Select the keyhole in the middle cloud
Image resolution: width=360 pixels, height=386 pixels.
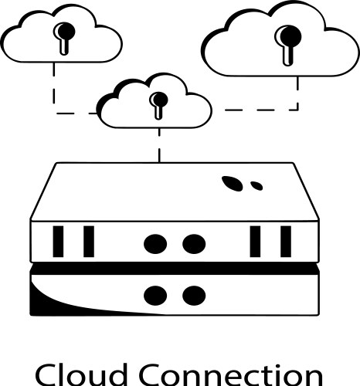pyautogui.click(x=158, y=103)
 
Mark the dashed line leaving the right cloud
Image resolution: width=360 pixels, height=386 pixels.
pyautogui.click(x=297, y=93)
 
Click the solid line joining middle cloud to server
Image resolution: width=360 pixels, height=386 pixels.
pyautogui.click(x=159, y=147)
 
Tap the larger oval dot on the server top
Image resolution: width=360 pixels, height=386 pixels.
pyautogui.click(x=232, y=183)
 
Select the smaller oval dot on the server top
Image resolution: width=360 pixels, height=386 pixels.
pyautogui.click(x=256, y=186)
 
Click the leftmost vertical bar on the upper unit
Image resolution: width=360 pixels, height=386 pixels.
pyautogui.click(x=58, y=241)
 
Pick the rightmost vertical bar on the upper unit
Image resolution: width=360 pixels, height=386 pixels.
pyautogui.click(x=286, y=241)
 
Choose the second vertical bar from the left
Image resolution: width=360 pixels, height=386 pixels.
pyautogui.click(x=88, y=241)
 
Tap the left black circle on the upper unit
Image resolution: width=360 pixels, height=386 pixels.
pyautogui.click(x=155, y=243)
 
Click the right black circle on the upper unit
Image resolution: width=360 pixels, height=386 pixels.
pyautogui.click(x=192, y=243)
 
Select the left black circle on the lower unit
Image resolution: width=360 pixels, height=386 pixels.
pyautogui.click(x=155, y=294)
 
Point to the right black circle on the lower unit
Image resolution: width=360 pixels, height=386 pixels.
pyautogui.click(x=192, y=294)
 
